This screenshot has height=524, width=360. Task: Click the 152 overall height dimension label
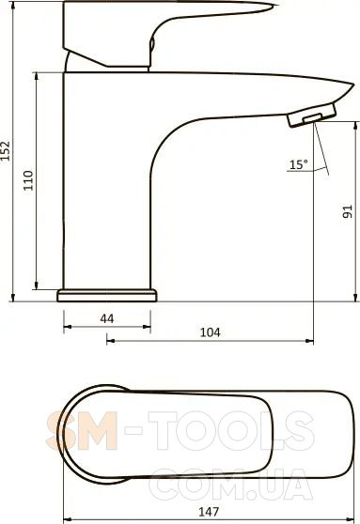[6, 150]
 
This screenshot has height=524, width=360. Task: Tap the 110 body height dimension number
[28, 180]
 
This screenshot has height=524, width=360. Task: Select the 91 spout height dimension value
[348, 211]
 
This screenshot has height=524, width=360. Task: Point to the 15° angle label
[299, 164]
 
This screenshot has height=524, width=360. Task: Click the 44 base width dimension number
[107, 318]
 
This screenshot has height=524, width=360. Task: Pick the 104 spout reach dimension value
[211, 332]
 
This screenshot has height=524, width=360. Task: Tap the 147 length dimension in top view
[209, 512]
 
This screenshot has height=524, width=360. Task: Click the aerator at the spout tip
[312, 116]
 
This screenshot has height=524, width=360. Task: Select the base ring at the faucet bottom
[107, 296]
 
